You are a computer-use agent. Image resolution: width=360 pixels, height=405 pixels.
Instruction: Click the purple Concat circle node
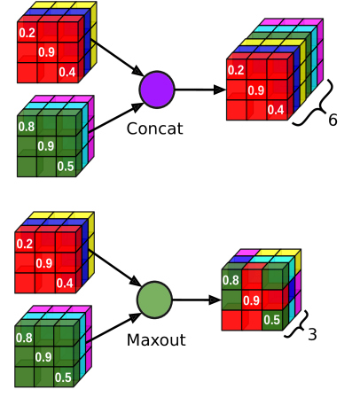click(x=157, y=90)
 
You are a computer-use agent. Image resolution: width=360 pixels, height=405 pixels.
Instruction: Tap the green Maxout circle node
click(x=154, y=300)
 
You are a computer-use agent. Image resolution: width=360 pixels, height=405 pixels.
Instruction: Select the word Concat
click(x=155, y=129)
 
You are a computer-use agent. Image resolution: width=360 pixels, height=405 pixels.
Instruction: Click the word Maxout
click(x=156, y=340)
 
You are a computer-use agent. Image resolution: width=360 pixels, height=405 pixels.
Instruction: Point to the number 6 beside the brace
click(x=333, y=120)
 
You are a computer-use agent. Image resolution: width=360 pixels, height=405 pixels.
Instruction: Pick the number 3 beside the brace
click(x=312, y=334)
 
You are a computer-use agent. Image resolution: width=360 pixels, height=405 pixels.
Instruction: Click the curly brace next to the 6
click(x=313, y=104)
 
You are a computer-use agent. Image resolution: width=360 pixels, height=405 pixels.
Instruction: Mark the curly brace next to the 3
click(x=296, y=324)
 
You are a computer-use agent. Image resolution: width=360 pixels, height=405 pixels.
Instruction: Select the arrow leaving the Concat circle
click(x=200, y=90)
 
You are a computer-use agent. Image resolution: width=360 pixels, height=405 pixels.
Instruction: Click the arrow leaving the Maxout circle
click(x=197, y=300)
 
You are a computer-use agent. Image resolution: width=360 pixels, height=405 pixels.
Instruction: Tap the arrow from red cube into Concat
click(x=119, y=58)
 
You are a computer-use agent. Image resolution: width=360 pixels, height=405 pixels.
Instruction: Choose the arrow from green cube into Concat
click(x=116, y=118)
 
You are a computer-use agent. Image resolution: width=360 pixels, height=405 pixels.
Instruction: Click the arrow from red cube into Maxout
click(x=117, y=269)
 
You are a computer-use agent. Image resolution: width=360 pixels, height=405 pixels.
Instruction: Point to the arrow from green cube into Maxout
click(x=114, y=328)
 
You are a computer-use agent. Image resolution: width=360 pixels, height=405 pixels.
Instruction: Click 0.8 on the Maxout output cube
click(x=231, y=280)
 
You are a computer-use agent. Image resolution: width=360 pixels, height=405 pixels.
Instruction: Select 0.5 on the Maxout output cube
click(x=271, y=320)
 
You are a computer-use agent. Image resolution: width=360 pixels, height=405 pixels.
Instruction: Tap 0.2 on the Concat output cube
click(x=236, y=70)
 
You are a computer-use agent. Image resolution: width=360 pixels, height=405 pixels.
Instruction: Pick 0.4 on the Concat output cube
click(x=276, y=110)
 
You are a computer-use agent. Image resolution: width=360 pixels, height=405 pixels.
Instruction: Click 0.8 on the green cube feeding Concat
click(x=27, y=127)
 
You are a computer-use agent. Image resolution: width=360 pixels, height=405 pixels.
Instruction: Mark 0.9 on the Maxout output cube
click(x=251, y=300)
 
